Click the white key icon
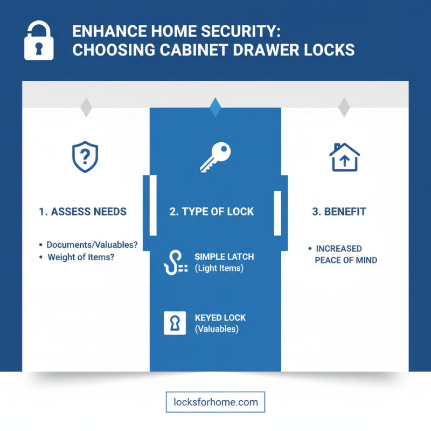point(215,156)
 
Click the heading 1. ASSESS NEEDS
point(83,212)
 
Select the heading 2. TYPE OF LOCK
point(212,212)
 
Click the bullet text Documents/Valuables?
point(92,245)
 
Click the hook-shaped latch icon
point(173,262)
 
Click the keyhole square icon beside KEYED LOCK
point(174,323)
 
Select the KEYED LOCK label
point(220,318)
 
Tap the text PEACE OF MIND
point(346,260)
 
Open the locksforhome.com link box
point(215,402)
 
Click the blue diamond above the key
point(215,107)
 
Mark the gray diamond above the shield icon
point(86,107)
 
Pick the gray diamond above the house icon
point(344,107)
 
